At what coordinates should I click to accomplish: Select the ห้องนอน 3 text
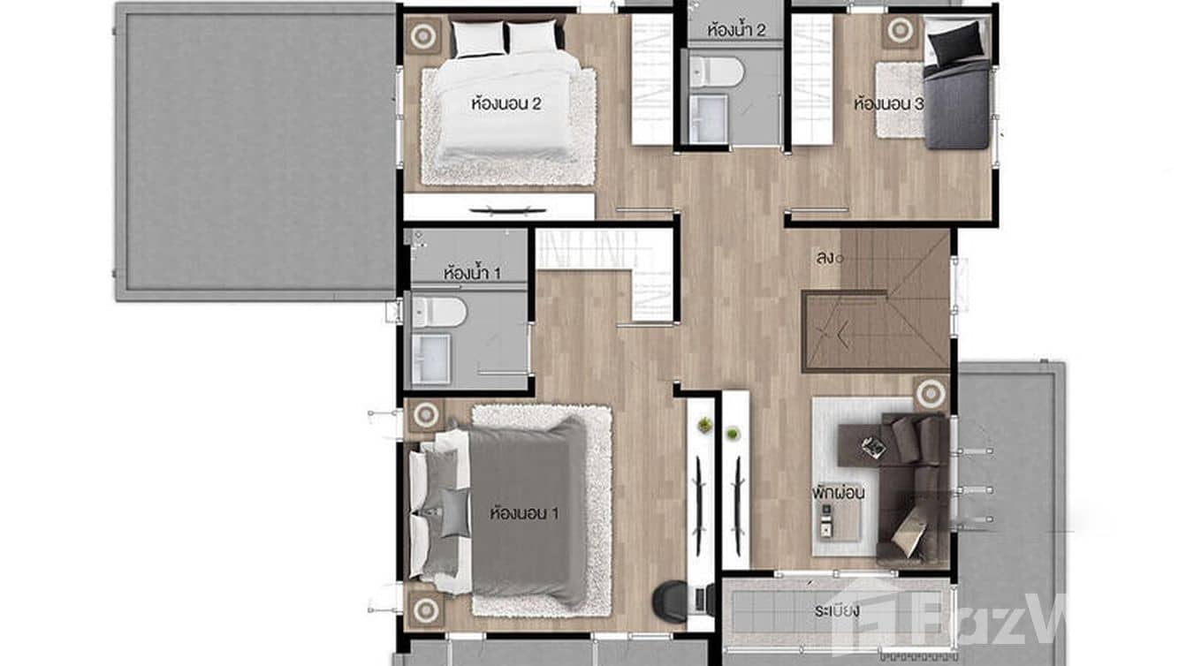[888, 104]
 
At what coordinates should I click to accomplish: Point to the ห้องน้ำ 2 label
[736, 30]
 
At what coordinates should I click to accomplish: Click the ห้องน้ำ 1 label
[472, 273]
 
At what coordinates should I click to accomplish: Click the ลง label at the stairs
[826, 258]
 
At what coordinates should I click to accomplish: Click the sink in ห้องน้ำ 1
[431, 358]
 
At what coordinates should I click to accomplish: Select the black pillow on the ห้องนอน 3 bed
[955, 41]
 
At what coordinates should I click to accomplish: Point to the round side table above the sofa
[930, 392]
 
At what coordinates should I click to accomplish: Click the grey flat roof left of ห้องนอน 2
[256, 150]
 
